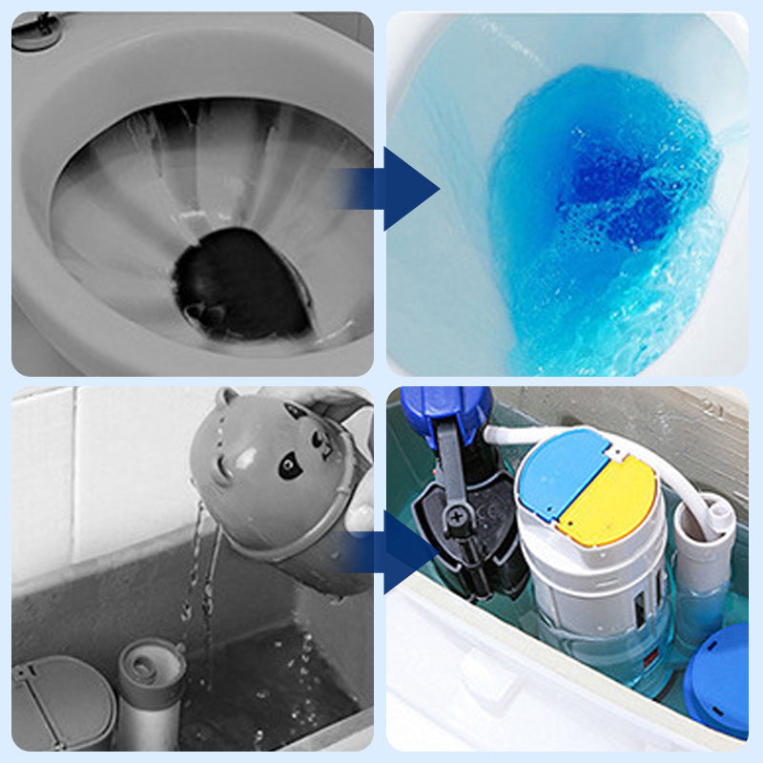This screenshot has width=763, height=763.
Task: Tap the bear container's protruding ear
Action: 227,398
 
